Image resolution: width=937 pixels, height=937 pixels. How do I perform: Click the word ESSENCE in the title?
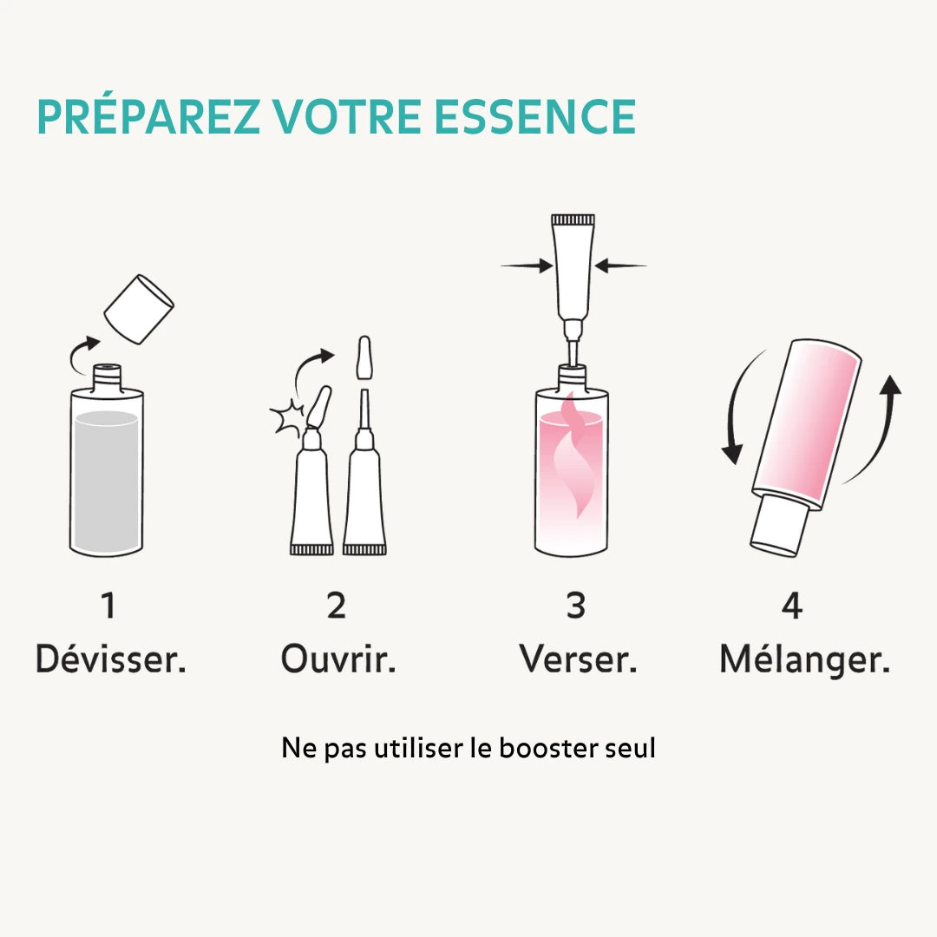click(x=535, y=117)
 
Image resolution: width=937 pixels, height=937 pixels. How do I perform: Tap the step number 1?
click(x=108, y=606)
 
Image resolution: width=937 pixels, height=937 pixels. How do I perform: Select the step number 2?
click(x=337, y=606)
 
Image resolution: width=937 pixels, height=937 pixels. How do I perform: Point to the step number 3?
click(x=576, y=606)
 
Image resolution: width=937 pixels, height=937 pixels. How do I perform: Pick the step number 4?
click(x=792, y=606)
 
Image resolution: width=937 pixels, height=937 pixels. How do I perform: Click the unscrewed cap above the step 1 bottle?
click(x=139, y=308)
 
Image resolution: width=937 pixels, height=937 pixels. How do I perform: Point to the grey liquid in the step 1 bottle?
click(x=106, y=482)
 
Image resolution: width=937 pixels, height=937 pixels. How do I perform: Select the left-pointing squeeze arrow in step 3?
click(x=620, y=266)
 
